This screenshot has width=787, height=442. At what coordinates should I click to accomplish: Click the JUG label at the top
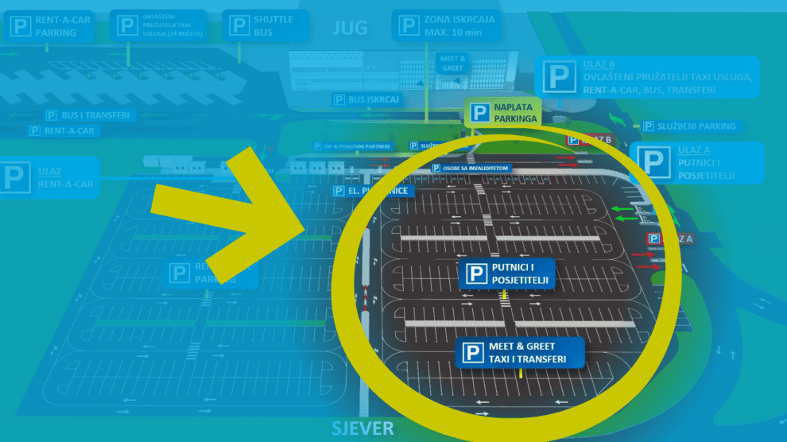tap(350, 29)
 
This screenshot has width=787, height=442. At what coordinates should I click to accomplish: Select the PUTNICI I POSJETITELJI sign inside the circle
tap(507, 274)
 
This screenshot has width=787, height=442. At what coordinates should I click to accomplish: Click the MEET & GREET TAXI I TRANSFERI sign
tap(520, 353)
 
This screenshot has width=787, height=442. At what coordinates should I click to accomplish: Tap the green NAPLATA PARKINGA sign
tap(503, 113)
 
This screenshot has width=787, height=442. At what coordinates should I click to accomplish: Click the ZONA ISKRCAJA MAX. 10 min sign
tap(448, 26)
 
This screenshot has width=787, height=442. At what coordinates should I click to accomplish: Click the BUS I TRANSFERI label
tap(88, 115)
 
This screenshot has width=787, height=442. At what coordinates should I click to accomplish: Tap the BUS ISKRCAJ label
tap(366, 99)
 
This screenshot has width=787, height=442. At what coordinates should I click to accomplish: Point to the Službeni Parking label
tap(689, 126)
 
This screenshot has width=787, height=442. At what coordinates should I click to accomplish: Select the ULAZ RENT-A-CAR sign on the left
tap(48, 177)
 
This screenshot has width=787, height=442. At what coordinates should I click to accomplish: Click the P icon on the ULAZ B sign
tap(560, 76)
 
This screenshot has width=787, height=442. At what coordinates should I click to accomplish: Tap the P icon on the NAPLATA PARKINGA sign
tap(479, 113)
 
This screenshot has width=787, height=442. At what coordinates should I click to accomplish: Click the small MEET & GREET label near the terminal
tap(452, 63)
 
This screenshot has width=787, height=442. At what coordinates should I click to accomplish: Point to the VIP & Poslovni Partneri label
tap(352, 146)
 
